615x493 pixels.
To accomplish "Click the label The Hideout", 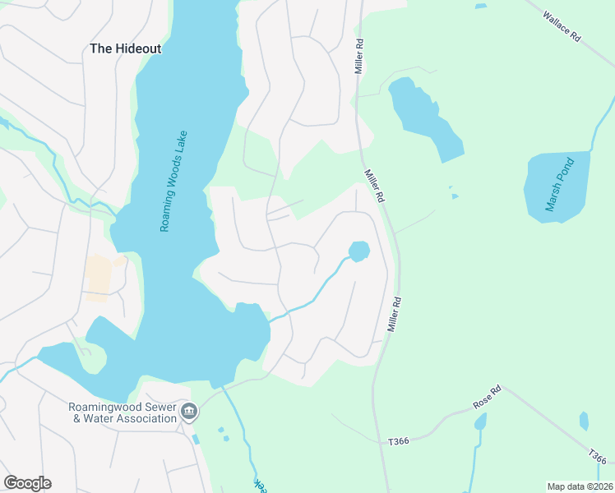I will (x=125, y=48).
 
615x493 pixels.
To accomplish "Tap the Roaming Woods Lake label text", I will (x=173, y=181).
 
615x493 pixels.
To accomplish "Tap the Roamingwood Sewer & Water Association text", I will (x=123, y=412).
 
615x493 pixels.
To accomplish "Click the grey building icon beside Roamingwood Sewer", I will (x=190, y=412).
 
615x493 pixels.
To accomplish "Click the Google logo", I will (x=27, y=483).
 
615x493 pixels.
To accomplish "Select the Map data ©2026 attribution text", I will (x=579, y=486).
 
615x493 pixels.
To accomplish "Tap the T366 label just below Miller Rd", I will (x=399, y=441).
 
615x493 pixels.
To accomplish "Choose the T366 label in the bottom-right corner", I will (x=598, y=457).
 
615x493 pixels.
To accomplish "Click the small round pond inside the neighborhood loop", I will (x=359, y=251).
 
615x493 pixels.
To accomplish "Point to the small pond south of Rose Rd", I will (x=480, y=422).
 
